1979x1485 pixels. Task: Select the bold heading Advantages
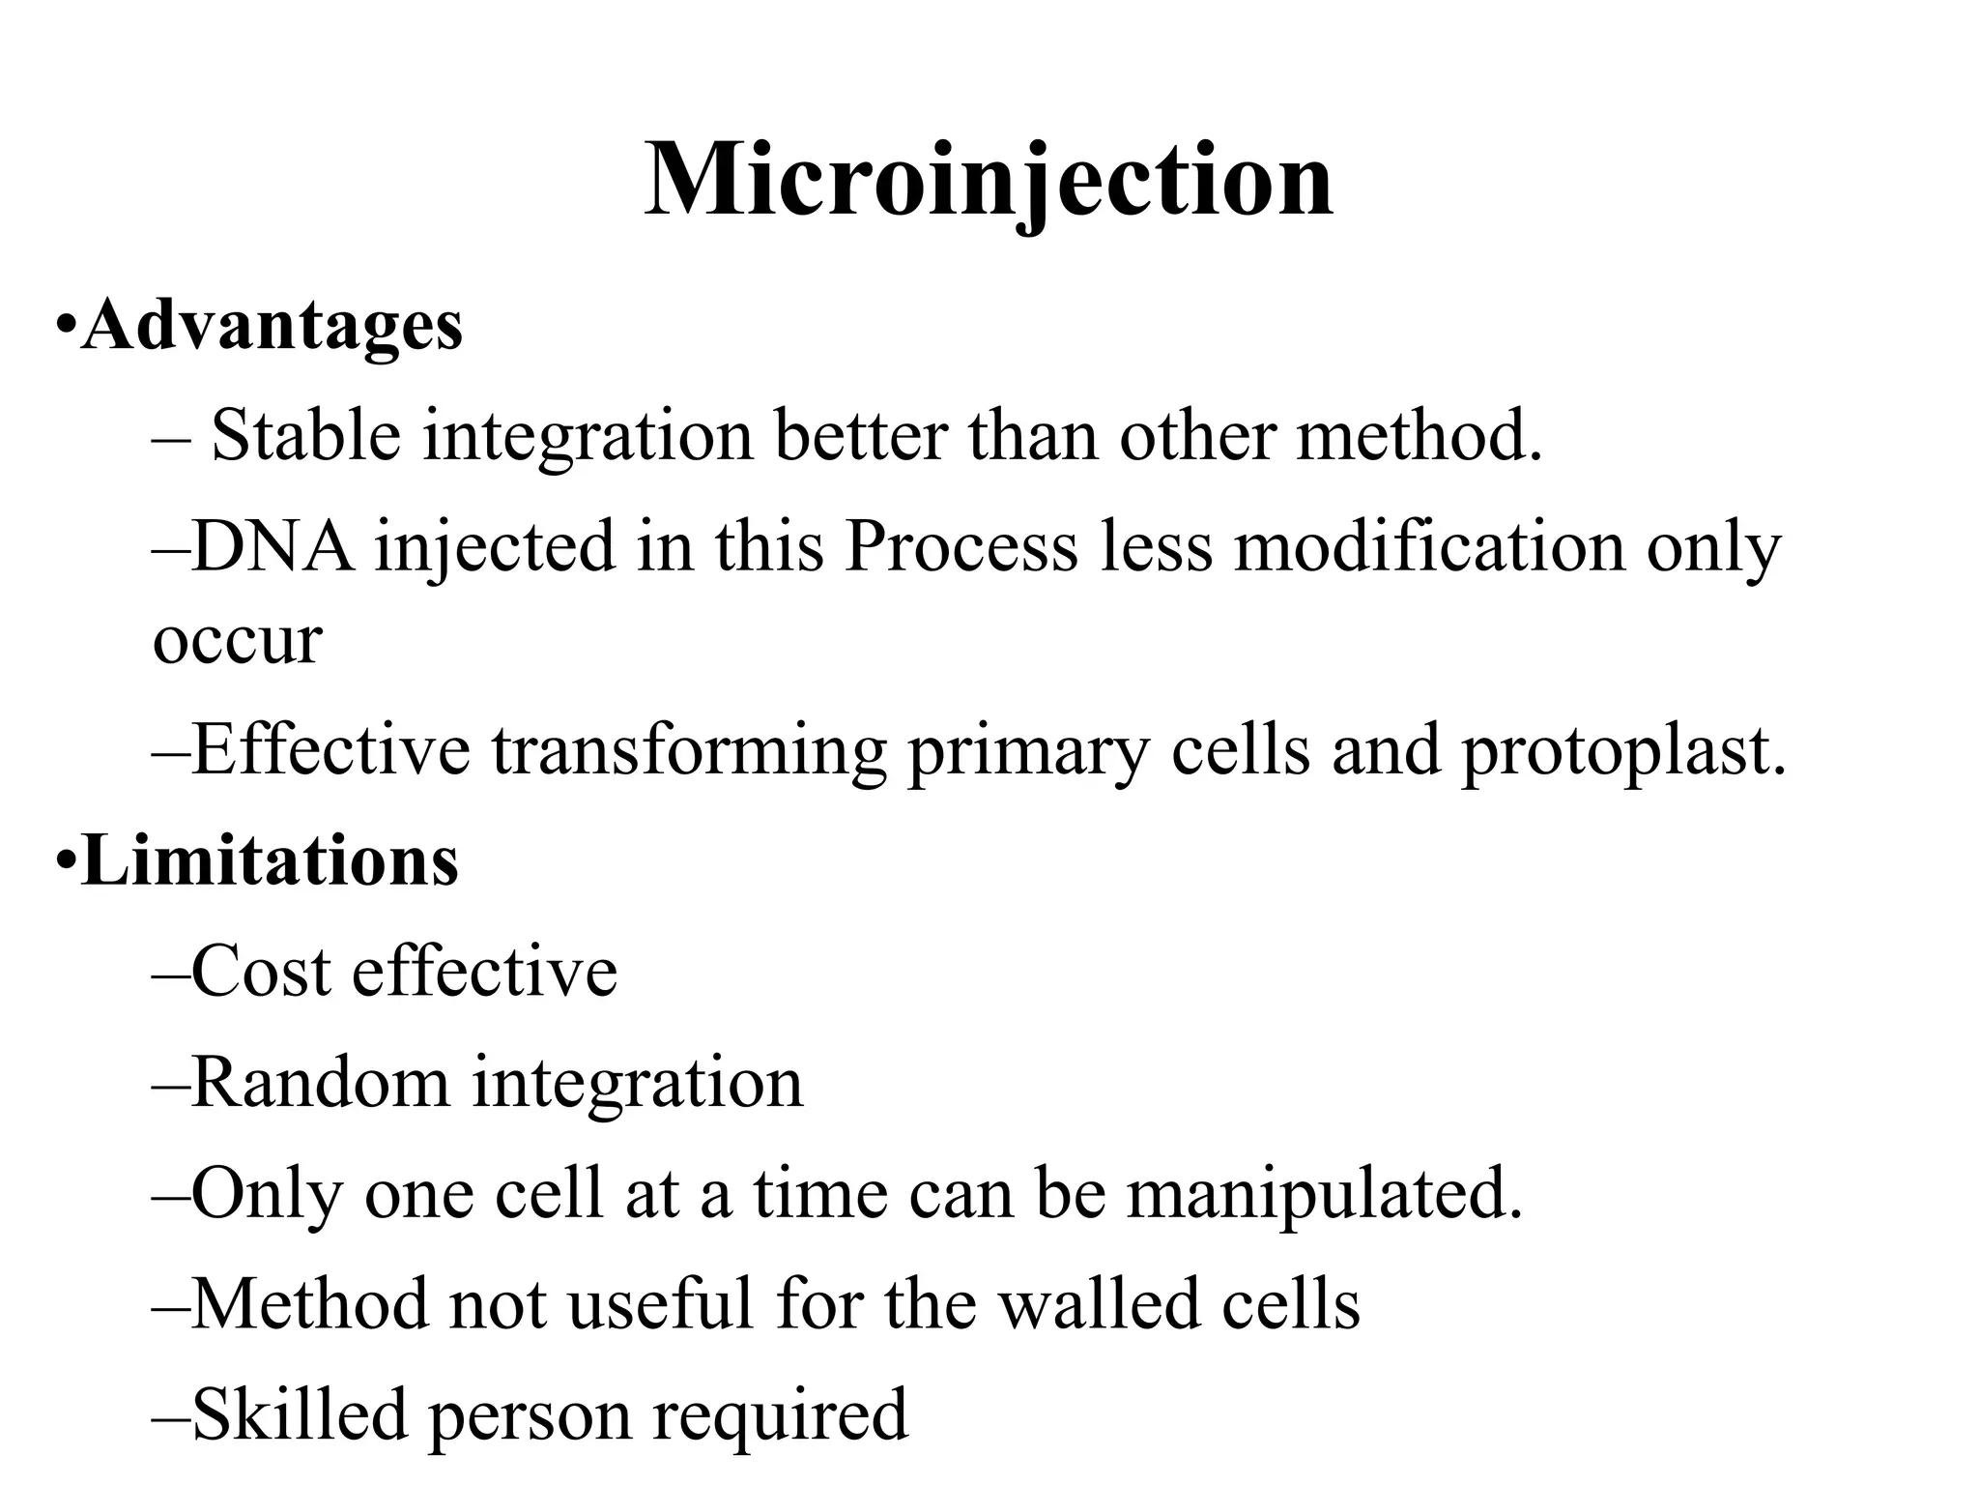272,326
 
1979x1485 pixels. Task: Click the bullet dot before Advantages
65,324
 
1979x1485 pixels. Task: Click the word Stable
305,435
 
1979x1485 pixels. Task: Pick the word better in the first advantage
860,435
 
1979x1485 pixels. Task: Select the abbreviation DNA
272,546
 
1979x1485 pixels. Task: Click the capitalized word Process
960,546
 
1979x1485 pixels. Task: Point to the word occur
237,641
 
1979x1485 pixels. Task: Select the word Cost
261,971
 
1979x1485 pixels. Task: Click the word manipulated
1323,1194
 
